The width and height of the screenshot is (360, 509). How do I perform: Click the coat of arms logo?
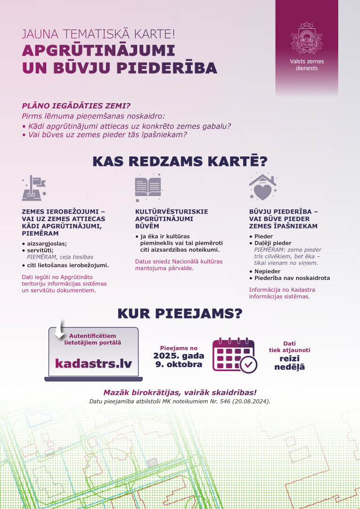coord(307,38)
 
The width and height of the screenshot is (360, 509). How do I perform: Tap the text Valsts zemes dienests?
coord(307,65)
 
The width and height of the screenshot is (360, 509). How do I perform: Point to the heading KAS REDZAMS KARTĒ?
coord(180,161)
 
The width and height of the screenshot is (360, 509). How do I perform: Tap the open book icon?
coord(148,187)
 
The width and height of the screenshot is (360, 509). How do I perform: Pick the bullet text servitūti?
coord(40,250)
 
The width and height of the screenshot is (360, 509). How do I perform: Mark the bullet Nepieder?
coord(267,271)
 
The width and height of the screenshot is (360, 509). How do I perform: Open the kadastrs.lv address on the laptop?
coord(93,363)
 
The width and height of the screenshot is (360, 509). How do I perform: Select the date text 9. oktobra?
coord(179,365)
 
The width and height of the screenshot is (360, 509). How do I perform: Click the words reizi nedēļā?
coord(289,362)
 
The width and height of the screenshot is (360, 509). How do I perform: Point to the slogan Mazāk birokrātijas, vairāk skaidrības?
coord(180,393)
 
